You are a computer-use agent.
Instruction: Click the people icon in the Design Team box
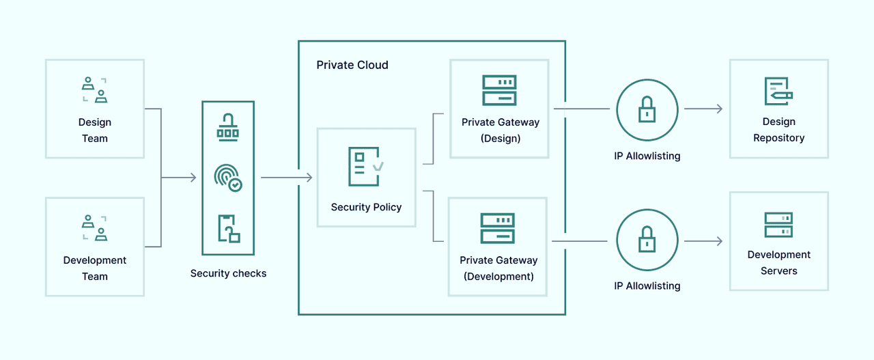tap(95, 90)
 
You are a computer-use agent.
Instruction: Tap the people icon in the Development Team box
tap(95, 228)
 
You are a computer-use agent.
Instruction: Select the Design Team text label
tap(95, 130)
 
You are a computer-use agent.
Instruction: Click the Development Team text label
tap(95, 268)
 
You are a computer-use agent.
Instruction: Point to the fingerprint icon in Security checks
tap(228, 178)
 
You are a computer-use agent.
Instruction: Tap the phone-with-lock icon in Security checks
tap(229, 228)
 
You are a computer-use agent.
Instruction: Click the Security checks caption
tap(228, 273)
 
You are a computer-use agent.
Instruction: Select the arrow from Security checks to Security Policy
tap(287, 178)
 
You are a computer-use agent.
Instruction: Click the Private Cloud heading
tap(352, 65)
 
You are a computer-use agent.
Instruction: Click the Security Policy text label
tap(366, 207)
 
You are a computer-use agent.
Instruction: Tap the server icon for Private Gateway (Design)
tap(499, 90)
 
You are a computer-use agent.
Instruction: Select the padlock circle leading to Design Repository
tap(647, 109)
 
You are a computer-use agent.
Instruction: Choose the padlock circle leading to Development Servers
tap(647, 240)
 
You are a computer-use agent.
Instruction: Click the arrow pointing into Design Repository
tap(703, 109)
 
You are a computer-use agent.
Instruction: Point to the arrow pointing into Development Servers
tap(703, 241)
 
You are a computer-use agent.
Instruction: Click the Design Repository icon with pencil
tap(778, 92)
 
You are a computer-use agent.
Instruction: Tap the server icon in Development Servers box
tap(778, 225)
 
